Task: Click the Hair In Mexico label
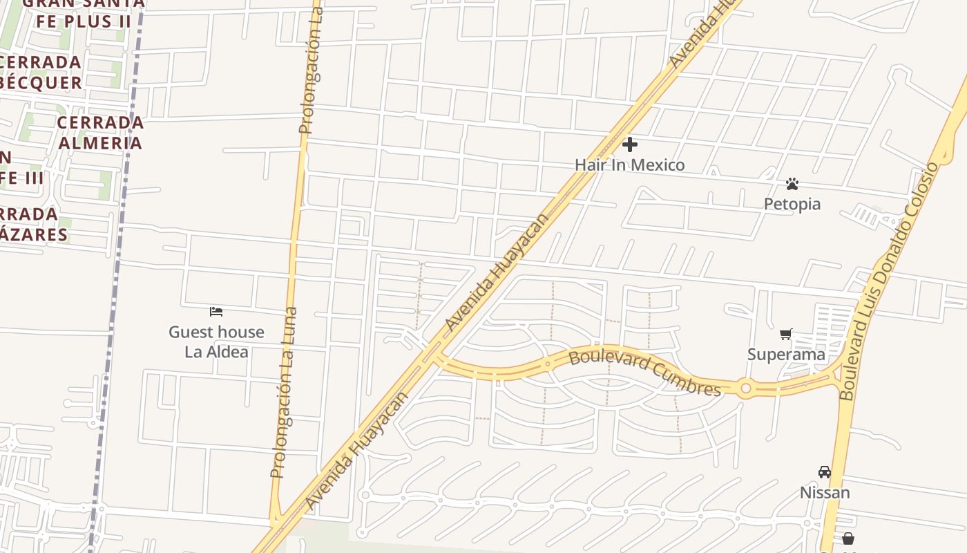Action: point(630,165)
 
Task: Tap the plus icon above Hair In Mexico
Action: point(630,144)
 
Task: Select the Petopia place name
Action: point(792,204)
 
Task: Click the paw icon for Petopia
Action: point(792,184)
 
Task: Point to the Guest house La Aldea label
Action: point(216,341)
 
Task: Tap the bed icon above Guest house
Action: point(216,312)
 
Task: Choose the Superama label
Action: point(786,355)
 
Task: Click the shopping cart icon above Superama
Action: point(786,335)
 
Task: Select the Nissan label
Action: point(825,493)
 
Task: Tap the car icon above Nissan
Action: point(825,472)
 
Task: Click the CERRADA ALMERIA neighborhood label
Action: point(101,133)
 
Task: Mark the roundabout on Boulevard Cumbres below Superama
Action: point(745,388)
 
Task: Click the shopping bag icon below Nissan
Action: point(848,538)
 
